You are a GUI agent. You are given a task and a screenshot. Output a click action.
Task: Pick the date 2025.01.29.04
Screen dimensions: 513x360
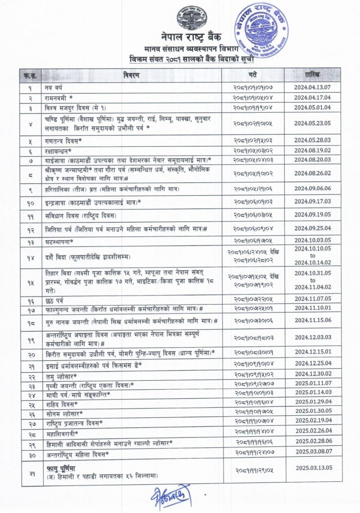click(x=313, y=403)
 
